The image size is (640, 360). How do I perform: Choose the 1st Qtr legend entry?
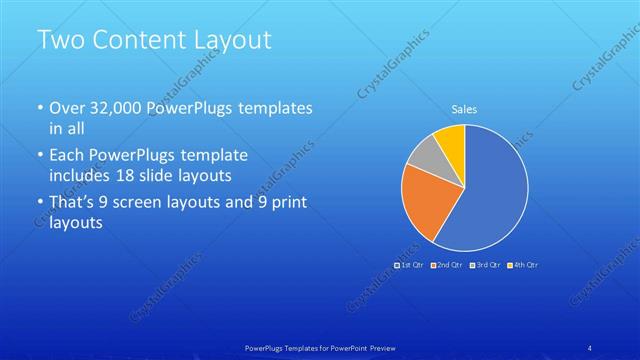[x=410, y=265]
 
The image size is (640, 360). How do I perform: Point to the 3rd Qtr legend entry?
[x=485, y=265]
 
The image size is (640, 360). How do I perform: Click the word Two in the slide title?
[x=59, y=41]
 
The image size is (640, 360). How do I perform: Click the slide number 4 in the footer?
[x=591, y=347]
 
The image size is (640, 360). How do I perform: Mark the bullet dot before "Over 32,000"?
[x=39, y=108]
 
